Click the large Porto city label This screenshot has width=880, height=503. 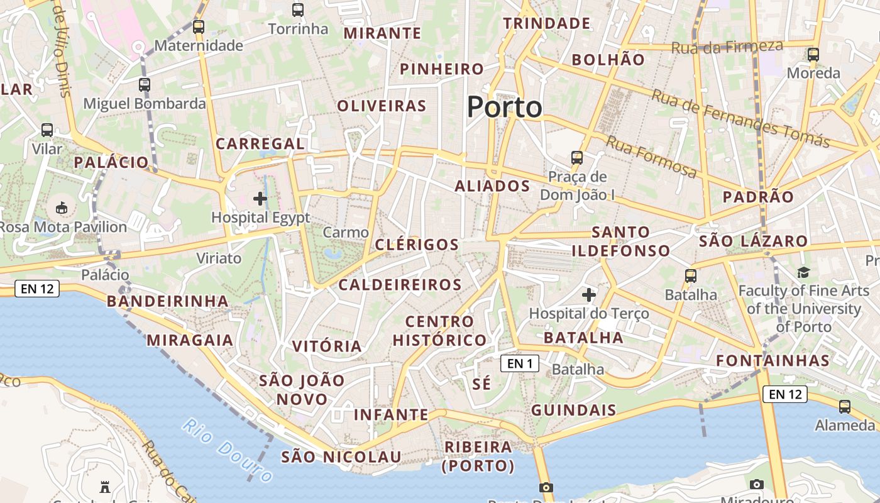click(x=504, y=107)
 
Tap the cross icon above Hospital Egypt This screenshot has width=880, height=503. click(x=260, y=199)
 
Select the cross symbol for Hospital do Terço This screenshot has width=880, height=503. click(x=589, y=294)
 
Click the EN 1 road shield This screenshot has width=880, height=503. click(x=520, y=363)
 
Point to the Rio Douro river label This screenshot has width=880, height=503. click(x=228, y=450)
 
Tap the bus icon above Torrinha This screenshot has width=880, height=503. click(x=298, y=10)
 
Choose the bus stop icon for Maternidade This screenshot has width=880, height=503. click(x=199, y=26)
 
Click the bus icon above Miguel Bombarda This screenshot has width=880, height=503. click(x=145, y=84)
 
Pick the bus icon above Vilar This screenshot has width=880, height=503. click(x=47, y=130)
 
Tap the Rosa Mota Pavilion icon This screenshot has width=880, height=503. click(x=62, y=207)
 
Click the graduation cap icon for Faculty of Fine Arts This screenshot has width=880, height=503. click(x=803, y=272)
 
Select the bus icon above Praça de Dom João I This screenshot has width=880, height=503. click(x=576, y=157)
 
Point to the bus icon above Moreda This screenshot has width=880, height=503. click(x=813, y=54)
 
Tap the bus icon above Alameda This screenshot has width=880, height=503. click(x=845, y=406)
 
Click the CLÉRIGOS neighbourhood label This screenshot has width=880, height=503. click(x=417, y=245)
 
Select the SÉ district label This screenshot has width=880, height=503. click(x=481, y=384)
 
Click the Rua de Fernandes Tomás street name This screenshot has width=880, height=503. click(x=740, y=119)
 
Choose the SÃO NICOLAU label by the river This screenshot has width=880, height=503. click(x=341, y=456)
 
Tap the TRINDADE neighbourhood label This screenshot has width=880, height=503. click(x=547, y=23)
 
